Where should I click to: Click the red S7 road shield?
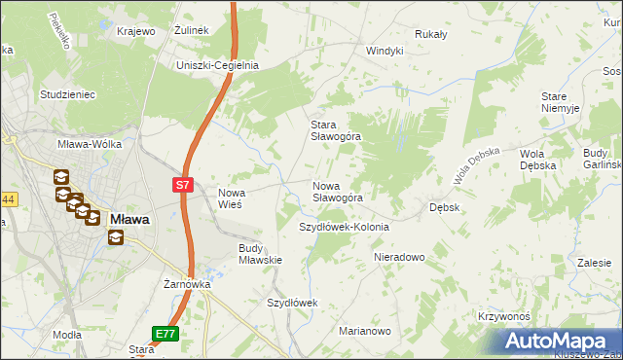[x=185, y=183]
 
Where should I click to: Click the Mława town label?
[x=128, y=219]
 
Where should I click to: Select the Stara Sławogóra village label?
[x=335, y=130]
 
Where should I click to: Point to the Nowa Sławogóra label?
[x=337, y=191]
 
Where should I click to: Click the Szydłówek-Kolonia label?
[x=343, y=227]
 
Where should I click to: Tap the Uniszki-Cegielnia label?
[x=216, y=65]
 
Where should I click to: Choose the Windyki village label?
[x=384, y=51]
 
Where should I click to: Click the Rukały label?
[x=430, y=34]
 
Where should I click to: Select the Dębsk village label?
[x=444, y=207]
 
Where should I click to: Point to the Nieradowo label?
[x=400, y=257]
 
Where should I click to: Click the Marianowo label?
[x=364, y=331]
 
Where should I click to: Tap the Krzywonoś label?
[x=503, y=316]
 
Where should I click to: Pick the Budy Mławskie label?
[x=260, y=253]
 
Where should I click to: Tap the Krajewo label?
[x=136, y=31]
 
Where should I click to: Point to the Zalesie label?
[x=593, y=263]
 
